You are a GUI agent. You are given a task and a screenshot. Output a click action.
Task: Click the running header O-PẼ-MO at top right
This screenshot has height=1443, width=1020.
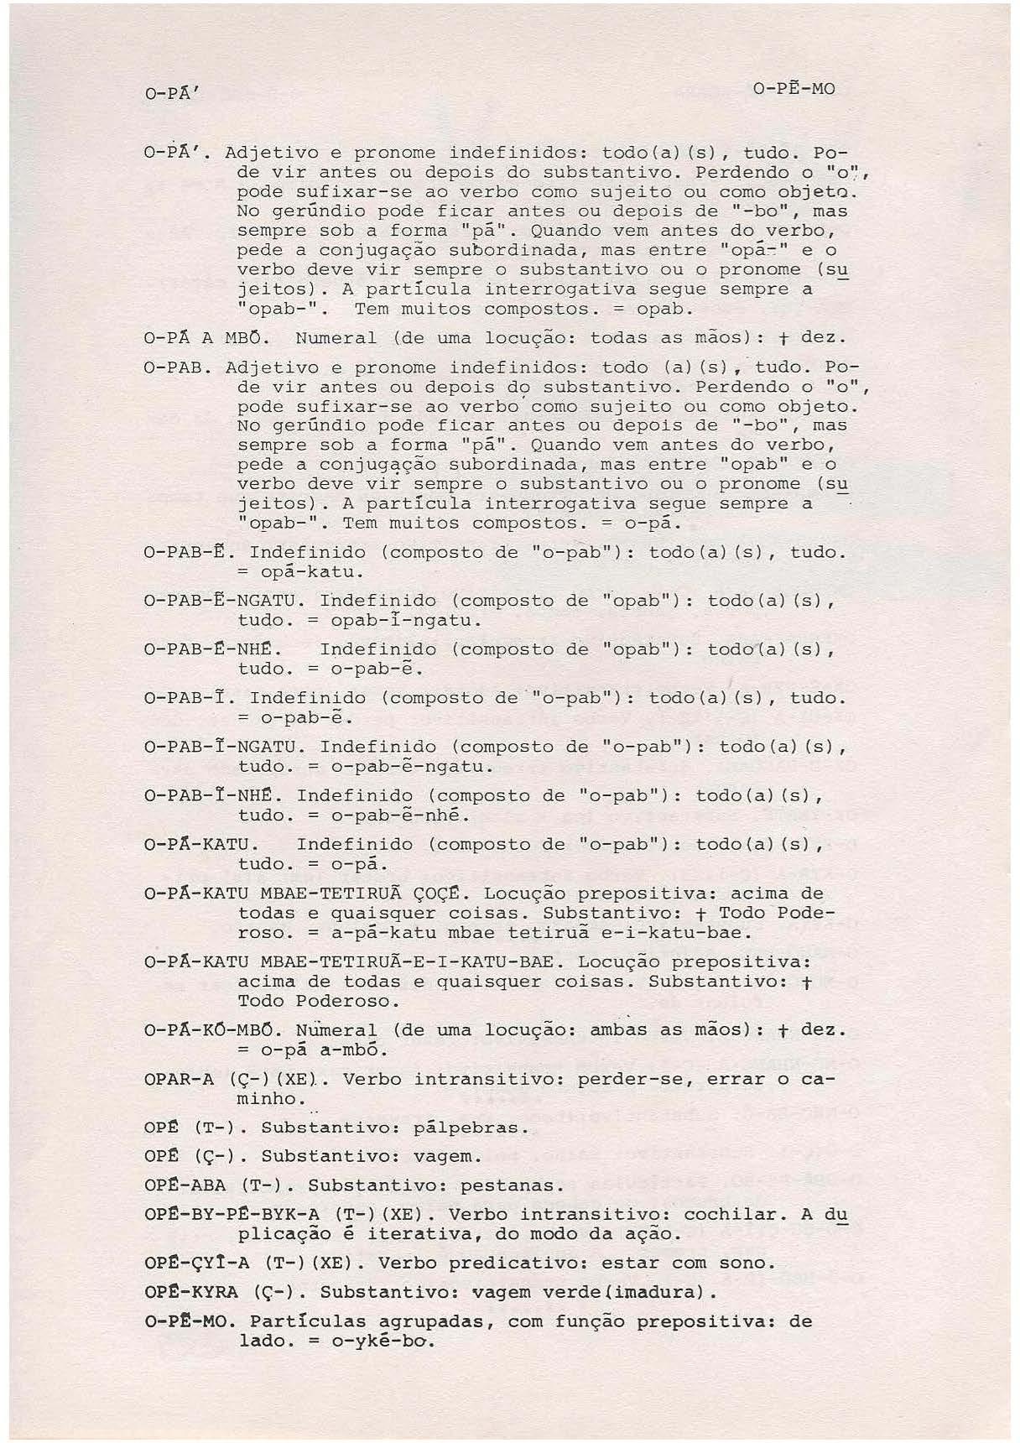coord(794,89)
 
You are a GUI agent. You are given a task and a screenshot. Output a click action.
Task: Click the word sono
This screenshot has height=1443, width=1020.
coord(748,1263)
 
